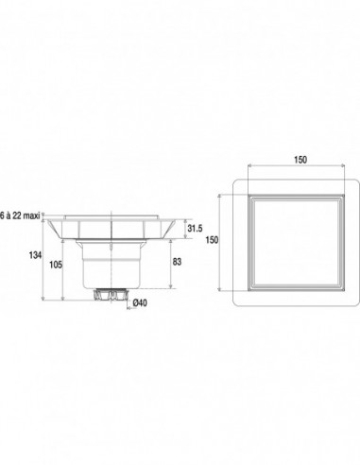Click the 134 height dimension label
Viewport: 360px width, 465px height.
point(35,255)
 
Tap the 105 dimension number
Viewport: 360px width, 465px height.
point(56,265)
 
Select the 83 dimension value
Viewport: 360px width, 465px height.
point(177,262)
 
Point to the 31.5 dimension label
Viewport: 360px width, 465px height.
point(195,229)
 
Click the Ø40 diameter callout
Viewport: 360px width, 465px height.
point(140,303)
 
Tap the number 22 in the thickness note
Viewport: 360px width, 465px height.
point(16,215)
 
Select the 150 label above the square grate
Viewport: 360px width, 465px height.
point(300,160)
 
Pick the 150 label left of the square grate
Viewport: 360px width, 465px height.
point(212,240)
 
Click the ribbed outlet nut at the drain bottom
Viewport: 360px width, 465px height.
point(111,295)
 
